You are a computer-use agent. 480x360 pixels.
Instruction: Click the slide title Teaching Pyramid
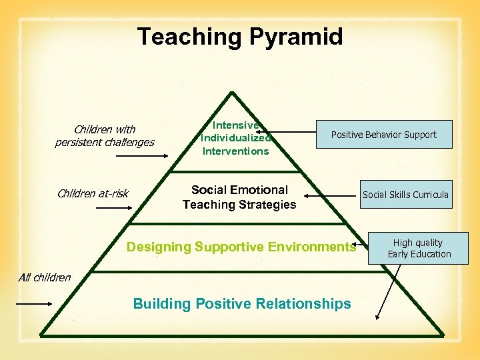240,37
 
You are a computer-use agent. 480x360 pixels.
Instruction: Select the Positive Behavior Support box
383,135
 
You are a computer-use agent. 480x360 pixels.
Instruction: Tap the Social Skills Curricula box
405,195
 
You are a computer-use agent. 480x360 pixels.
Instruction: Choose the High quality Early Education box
419,248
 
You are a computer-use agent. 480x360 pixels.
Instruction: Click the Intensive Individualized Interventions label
235,138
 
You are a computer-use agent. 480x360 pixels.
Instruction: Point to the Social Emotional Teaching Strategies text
239,197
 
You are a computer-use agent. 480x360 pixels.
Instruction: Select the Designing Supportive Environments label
241,247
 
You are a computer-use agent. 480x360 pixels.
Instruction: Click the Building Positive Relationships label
242,304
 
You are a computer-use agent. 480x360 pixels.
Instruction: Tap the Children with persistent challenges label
105,136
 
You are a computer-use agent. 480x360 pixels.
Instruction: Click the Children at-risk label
93,194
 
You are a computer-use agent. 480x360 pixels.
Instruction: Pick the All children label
45,277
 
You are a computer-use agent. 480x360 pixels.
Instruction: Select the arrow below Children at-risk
114,209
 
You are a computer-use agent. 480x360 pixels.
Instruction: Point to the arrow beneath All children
33,303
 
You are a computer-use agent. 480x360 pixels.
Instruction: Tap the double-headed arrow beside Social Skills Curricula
332,196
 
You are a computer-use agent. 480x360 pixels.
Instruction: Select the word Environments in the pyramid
313,247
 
